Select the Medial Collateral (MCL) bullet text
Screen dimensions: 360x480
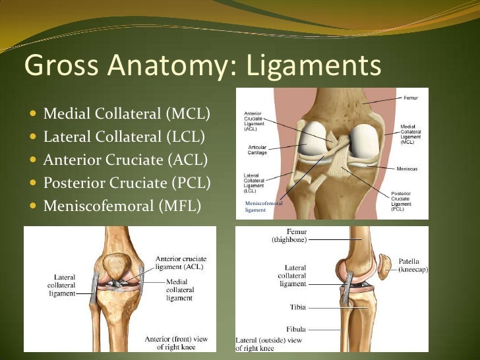point(126,114)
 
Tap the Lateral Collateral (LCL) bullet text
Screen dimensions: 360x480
point(123,137)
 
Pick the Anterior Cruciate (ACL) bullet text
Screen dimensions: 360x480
point(125,160)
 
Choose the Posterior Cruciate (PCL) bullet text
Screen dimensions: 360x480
point(127,183)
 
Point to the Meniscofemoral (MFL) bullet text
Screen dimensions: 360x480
point(122,206)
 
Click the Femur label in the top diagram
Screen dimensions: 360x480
point(411,98)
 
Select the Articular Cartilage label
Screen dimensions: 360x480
point(257,149)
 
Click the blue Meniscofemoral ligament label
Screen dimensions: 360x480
point(263,206)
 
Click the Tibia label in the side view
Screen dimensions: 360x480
point(298,307)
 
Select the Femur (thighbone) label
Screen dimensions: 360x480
point(289,236)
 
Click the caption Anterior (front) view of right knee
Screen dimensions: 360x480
point(176,343)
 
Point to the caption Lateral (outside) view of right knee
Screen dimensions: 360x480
point(268,344)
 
